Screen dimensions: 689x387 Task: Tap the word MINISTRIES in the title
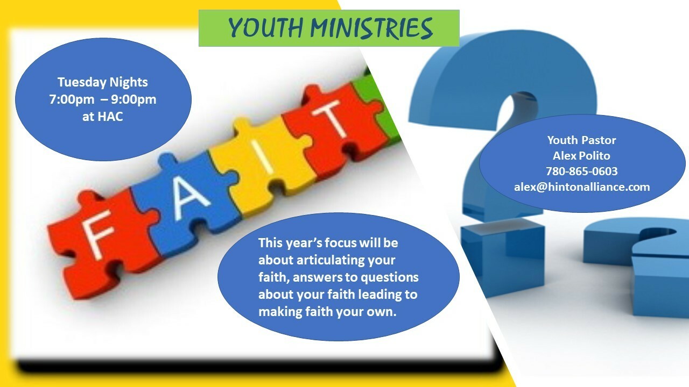371,28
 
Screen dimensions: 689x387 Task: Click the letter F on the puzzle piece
98,234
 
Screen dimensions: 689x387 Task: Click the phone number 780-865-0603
582,171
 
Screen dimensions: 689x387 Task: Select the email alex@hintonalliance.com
582,187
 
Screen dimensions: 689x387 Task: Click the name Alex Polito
581,156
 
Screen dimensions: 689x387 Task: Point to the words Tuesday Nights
103,82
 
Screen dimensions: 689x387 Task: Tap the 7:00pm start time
72,99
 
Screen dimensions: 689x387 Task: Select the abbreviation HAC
110,117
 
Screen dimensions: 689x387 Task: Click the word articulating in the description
330,260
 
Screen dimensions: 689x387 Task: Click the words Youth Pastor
581,140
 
